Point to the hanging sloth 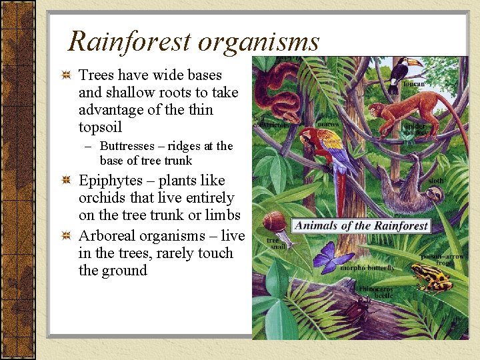tap(412, 189)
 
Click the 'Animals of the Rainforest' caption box tap(361, 225)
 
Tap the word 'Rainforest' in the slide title tap(129, 41)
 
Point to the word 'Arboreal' tap(109, 236)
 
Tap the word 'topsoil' tap(101, 127)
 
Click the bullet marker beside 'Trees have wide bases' tap(65, 75)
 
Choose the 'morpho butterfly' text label tap(367, 268)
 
